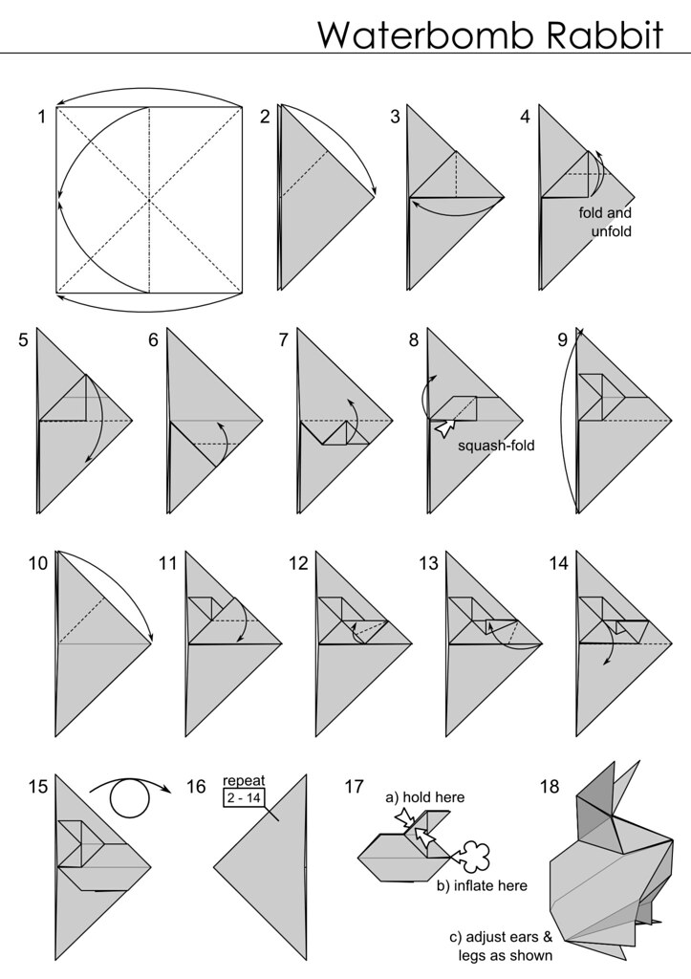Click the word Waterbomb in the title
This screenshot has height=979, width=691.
(426, 35)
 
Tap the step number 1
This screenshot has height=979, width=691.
(42, 117)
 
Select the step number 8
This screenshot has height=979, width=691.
(414, 340)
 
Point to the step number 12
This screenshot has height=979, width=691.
(298, 563)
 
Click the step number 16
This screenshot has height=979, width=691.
(196, 786)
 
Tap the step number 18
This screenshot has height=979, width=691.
(550, 786)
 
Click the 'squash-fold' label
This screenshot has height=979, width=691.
(496, 446)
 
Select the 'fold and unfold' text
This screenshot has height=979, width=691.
(605, 222)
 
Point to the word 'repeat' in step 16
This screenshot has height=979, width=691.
(244, 780)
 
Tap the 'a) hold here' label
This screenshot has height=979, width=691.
(425, 797)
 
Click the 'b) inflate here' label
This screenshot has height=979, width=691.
(482, 885)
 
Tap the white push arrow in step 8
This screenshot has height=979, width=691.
(445, 428)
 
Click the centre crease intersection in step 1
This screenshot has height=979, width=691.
(149, 200)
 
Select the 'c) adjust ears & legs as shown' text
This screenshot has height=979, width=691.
(501, 946)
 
